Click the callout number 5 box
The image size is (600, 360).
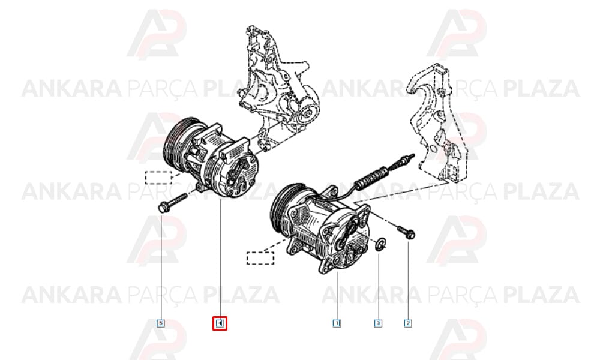click(161, 323)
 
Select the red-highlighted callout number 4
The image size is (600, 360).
click(220, 323)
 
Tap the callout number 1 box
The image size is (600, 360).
click(337, 323)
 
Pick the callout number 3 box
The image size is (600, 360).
click(378, 323)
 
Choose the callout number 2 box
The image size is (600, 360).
click(408, 323)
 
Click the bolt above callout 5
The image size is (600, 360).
click(172, 203)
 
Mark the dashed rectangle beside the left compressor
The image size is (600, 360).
click(158, 178)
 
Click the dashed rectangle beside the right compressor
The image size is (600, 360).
click(260, 258)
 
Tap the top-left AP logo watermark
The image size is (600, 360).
click(157, 34)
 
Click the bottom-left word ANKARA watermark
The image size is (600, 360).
click(72, 295)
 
